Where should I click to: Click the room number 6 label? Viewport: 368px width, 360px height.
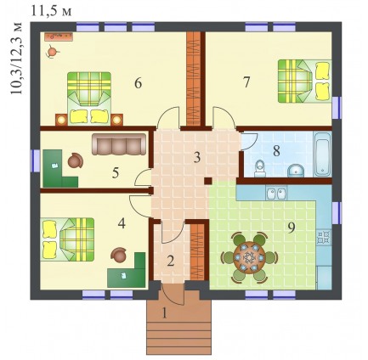tap(138, 83)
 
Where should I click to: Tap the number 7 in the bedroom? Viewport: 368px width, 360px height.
tap(246, 82)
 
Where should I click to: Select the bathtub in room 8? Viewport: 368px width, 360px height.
tap(322, 155)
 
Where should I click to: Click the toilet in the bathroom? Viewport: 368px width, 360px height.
tap(260, 168)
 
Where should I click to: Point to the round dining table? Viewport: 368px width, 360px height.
tap(249, 257)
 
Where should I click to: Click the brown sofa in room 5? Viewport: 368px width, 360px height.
tap(119, 144)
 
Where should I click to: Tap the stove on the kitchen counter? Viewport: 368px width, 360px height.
tap(324, 237)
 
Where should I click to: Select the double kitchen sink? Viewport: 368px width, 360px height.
tap(276, 194)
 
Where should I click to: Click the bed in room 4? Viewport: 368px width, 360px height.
tap(67, 239)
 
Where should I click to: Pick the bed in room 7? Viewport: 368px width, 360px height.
tap(304, 81)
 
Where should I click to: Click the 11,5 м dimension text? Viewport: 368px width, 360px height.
tap(51, 11)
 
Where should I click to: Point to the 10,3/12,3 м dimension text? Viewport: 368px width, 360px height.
tap(16, 58)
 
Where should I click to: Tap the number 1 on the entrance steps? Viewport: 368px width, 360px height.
tap(164, 313)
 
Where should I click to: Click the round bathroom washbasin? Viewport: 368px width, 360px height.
tap(296, 171)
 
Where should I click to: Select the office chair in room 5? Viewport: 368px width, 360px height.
tap(76, 160)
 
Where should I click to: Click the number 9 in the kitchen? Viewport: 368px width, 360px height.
tap(292, 228)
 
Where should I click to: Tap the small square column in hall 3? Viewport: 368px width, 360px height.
tap(208, 181)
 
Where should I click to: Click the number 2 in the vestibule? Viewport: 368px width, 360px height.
tap(170, 262)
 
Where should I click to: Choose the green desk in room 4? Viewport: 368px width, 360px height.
tap(127, 270)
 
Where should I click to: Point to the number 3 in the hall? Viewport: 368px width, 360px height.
tap(197, 157)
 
